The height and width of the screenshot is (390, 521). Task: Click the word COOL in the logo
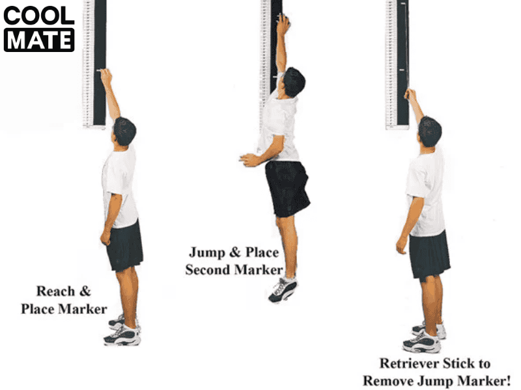[x=39, y=16]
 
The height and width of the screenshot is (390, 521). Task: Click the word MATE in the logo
[x=39, y=40]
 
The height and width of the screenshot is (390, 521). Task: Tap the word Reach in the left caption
[x=55, y=291]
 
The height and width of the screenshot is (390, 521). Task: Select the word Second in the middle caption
[x=208, y=270]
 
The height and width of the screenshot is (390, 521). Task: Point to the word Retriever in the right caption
[x=408, y=363]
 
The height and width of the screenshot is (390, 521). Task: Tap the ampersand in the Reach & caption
[x=85, y=291]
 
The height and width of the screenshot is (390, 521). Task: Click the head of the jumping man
[x=294, y=83]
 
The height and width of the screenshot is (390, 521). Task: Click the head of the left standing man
[x=124, y=131]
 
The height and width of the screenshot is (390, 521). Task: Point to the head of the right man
[x=430, y=131]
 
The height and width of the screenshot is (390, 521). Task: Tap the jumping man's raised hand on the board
[x=283, y=25]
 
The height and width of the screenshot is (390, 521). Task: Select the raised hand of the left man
[x=106, y=77]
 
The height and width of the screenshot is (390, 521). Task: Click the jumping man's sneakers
[x=283, y=289]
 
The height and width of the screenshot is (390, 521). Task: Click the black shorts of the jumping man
[x=287, y=188]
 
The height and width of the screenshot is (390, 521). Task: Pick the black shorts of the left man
[x=125, y=246]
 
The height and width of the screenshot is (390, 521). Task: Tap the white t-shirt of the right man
[x=427, y=192]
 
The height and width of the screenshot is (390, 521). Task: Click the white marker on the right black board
[x=402, y=70]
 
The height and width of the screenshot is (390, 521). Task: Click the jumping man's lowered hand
[x=249, y=160]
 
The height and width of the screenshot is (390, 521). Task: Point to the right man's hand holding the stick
[x=410, y=94]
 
